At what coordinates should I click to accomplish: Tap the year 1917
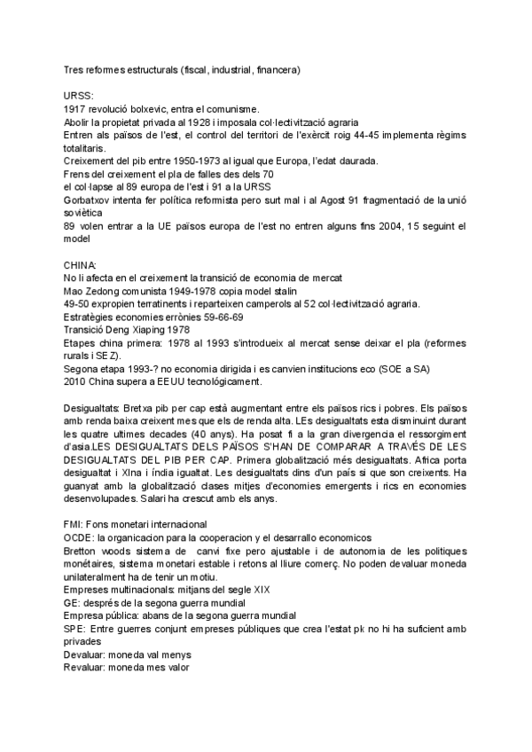pos(76,107)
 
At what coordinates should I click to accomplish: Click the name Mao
pos(74,293)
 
